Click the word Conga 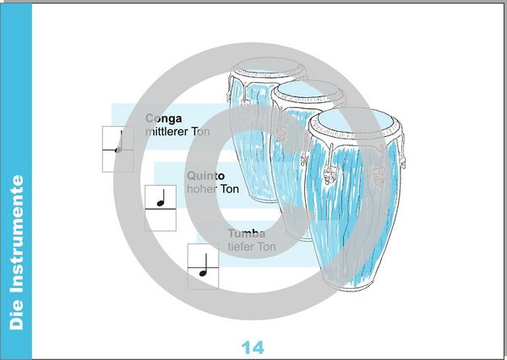click(164, 118)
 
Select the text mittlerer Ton click(177, 132)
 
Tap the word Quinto click(205, 176)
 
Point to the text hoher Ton click(213, 189)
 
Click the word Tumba click(247, 233)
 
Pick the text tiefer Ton click(252, 247)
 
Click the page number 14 click(253, 347)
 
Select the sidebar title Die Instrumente click(17, 253)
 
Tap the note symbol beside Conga click(119, 142)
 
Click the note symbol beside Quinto click(161, 198)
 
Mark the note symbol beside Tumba click(203, 265)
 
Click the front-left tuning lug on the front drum click(330, 164)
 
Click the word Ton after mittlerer click(200, 132)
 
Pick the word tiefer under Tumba click(241, 247)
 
